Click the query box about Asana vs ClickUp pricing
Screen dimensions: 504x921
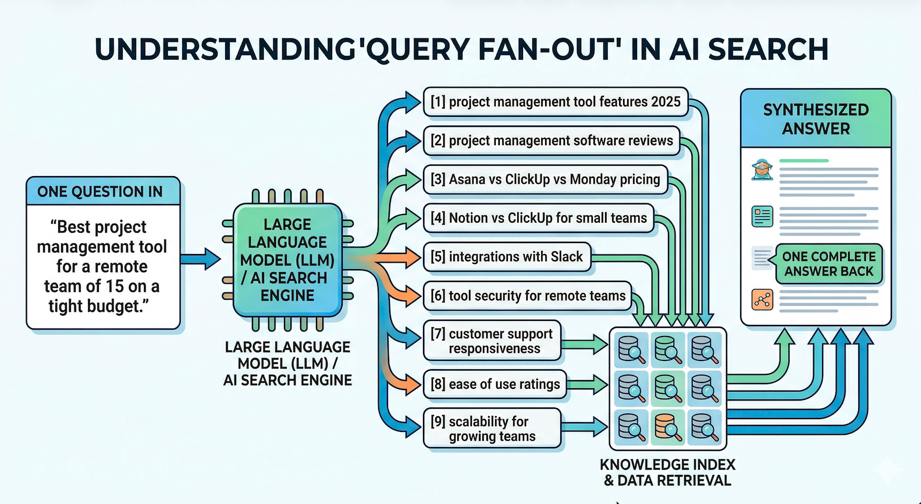coord(545,179)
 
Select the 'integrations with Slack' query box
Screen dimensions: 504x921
coord(506,257)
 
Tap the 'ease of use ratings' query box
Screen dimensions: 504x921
coord(495,384)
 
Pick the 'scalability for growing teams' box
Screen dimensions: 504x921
coord(492,428)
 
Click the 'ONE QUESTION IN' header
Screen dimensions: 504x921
coord(100,192)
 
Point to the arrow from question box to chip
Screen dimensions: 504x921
coord(201,258)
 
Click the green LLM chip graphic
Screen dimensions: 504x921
coord(287,260)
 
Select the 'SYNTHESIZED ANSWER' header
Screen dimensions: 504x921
coord(816,119)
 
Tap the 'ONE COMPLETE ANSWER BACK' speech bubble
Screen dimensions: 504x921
coord(828,264)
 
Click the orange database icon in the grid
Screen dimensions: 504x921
coord(668,427)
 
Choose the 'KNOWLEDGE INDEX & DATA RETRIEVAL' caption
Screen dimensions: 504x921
coord(667,473)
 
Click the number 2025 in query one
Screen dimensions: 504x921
coord(666,102)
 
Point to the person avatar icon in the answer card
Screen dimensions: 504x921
coord(762,170)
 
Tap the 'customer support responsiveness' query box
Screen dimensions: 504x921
coord(492,341)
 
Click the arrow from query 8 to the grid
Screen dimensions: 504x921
coord(588,384)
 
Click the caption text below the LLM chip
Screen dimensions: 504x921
coord(287,364)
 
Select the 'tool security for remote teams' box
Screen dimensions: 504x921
coord(527,296)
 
